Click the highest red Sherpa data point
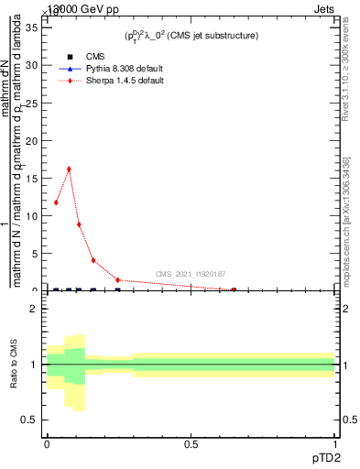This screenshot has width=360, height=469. [69, 169]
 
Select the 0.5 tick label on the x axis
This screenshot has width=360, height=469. [191, 443]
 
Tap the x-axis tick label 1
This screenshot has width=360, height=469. [335, 443]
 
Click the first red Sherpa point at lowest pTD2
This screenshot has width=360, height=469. [57, 202]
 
